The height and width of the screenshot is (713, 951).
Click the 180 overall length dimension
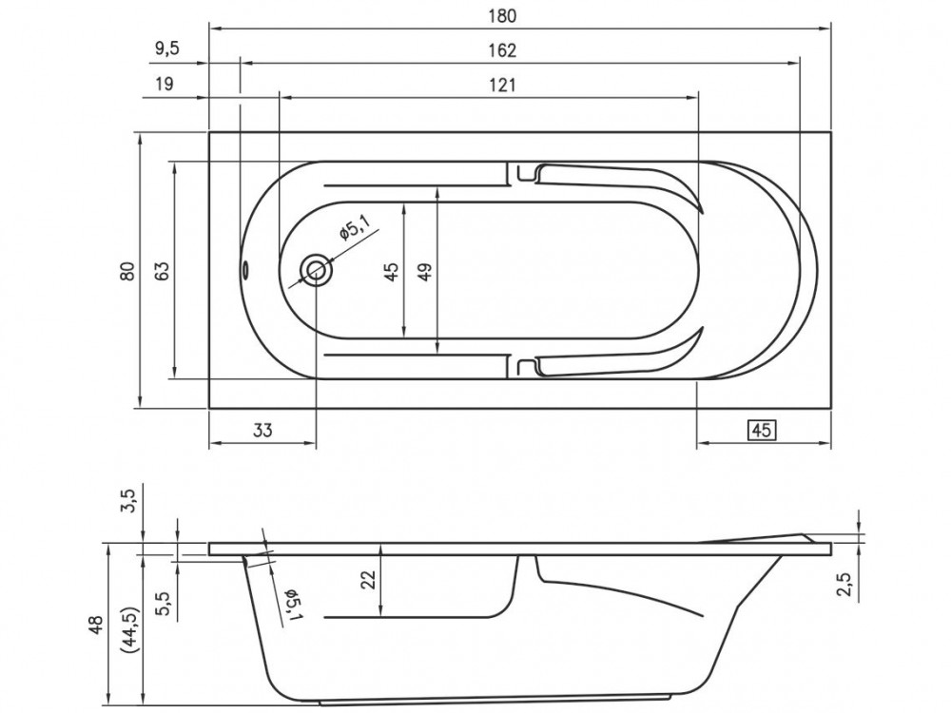(x=502, y=16)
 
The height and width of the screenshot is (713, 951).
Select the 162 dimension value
(x=502, y=50)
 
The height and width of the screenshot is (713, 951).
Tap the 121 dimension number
(x=502, y=85)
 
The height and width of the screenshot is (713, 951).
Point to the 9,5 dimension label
(x=166, y=49)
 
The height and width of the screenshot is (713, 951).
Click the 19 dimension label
(x=164, y=83)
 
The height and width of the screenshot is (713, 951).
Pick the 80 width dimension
(x=126, y=270)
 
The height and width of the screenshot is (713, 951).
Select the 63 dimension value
(x=162, y=270)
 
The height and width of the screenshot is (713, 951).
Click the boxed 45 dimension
(x=762, y=430)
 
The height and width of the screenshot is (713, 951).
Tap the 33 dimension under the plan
(x=262, y=430)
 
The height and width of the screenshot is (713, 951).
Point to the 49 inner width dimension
(x=425, y=270)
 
